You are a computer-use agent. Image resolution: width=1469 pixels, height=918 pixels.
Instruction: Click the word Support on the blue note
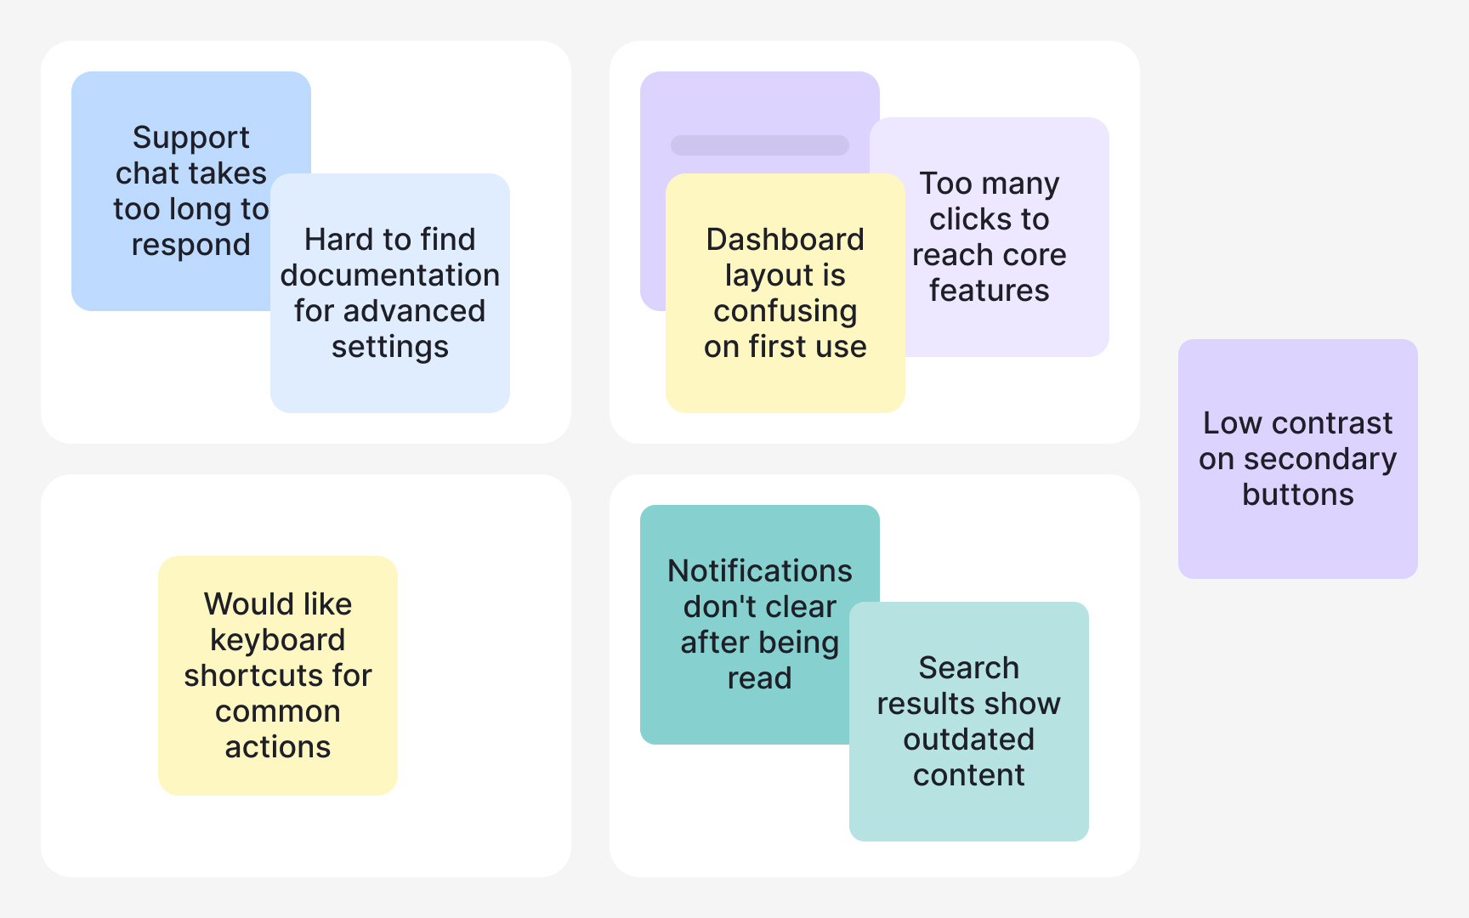point(191,138)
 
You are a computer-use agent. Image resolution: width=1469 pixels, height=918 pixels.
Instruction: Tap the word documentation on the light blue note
point(390,275)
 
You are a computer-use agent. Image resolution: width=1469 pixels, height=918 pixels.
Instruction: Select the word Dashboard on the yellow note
point(785,240)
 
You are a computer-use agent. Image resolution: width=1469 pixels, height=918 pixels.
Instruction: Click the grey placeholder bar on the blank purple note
point(759,145)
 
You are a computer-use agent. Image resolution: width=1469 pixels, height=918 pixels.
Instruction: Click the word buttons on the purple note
point(1297,495)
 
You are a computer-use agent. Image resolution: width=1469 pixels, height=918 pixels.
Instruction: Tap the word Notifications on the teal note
point(759,571)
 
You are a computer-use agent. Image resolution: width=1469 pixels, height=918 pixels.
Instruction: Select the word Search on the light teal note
point(968,668)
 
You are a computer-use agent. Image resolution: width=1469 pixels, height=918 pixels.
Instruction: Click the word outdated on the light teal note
point(968,739)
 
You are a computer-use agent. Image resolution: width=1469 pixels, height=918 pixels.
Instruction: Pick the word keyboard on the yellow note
point(278,640)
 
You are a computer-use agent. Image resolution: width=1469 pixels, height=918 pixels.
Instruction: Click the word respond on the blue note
point(191,245)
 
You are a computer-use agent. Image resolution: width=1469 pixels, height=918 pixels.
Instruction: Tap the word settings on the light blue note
point(390,347)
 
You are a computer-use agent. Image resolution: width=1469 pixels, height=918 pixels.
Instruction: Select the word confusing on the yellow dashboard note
point(785,311)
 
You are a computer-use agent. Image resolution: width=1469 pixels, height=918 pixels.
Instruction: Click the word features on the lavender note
point(989,291)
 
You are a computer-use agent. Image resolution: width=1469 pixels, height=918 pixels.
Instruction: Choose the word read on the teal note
point(759,678)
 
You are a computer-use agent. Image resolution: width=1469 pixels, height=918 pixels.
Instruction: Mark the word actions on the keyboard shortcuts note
point(278,747)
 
